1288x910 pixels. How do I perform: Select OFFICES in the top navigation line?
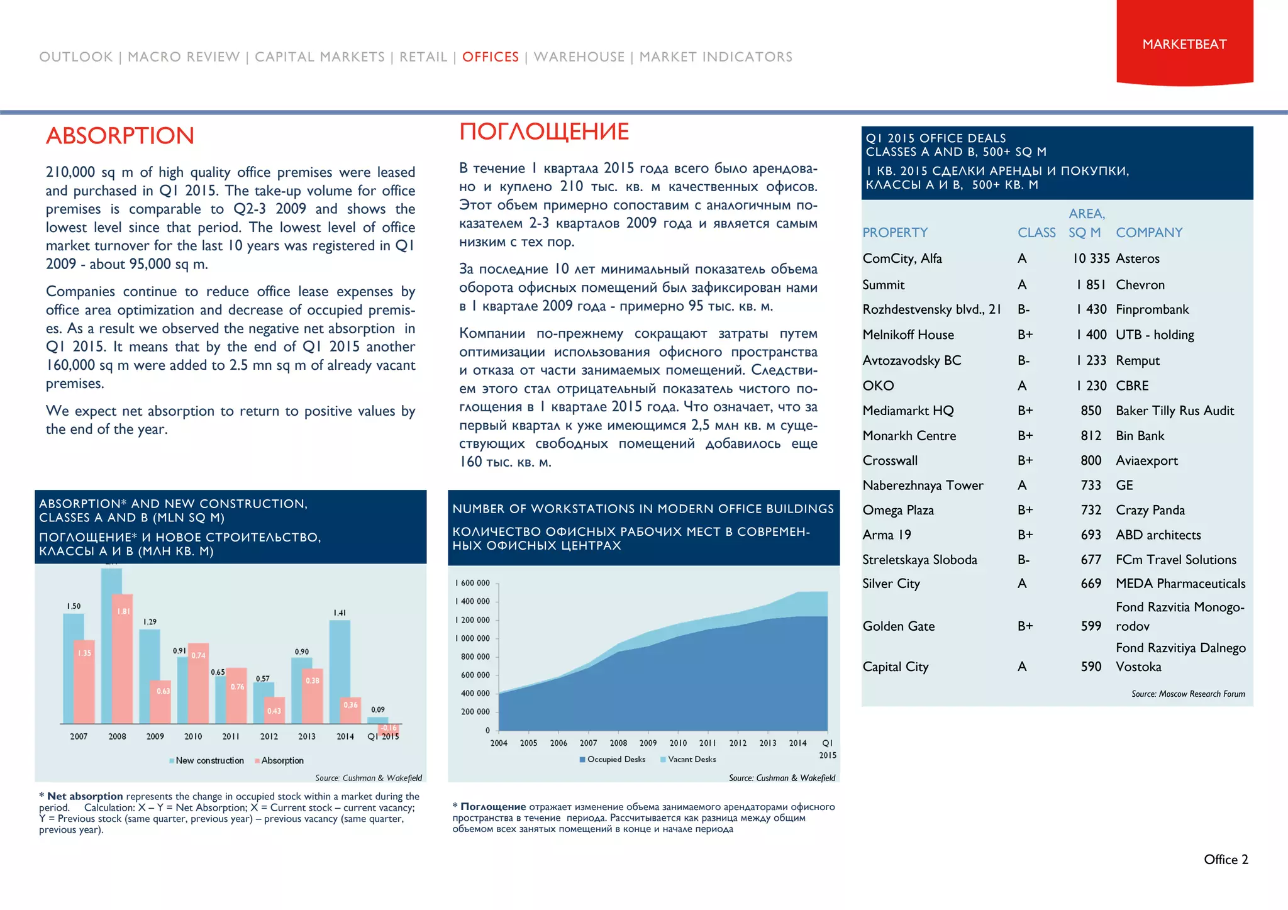491,57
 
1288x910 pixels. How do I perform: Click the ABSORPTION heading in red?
120,136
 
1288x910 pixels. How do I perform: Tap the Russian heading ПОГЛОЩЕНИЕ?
544,132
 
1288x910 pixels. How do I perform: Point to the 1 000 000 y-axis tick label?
472,638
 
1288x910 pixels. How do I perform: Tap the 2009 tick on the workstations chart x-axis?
648,743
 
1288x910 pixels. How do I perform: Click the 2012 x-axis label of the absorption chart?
269,736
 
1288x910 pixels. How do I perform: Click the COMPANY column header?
1149,233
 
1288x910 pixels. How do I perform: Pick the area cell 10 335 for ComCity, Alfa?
1091,258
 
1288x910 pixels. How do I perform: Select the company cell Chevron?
1140,285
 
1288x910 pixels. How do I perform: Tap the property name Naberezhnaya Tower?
923,486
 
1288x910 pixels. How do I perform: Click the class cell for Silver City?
1022,584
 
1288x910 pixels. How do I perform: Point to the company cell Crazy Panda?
1150,510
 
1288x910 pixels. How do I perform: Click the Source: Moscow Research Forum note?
1187,694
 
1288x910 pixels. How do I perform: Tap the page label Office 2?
1225,860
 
